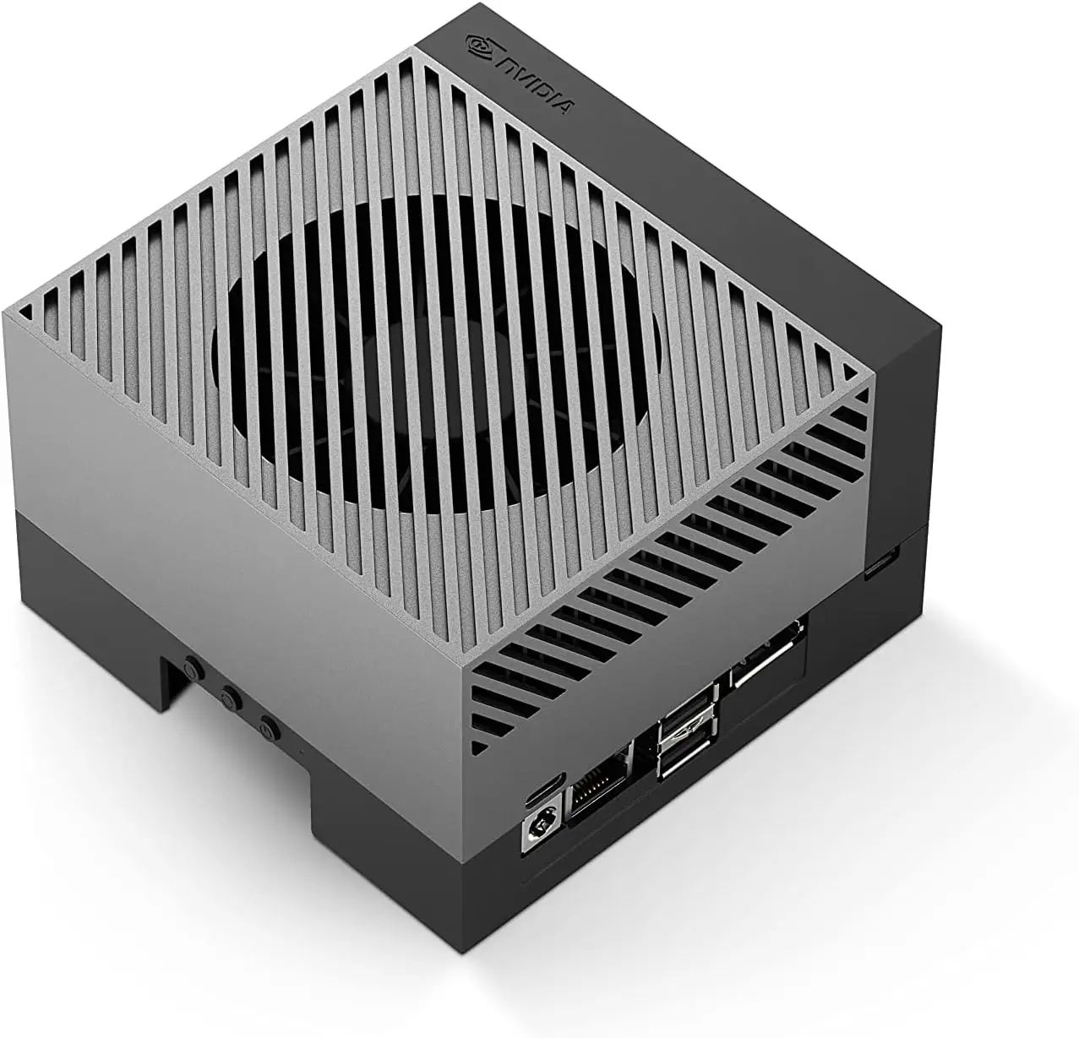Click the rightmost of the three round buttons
[x=269, y=726]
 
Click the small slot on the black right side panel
[x=880, y=563]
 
